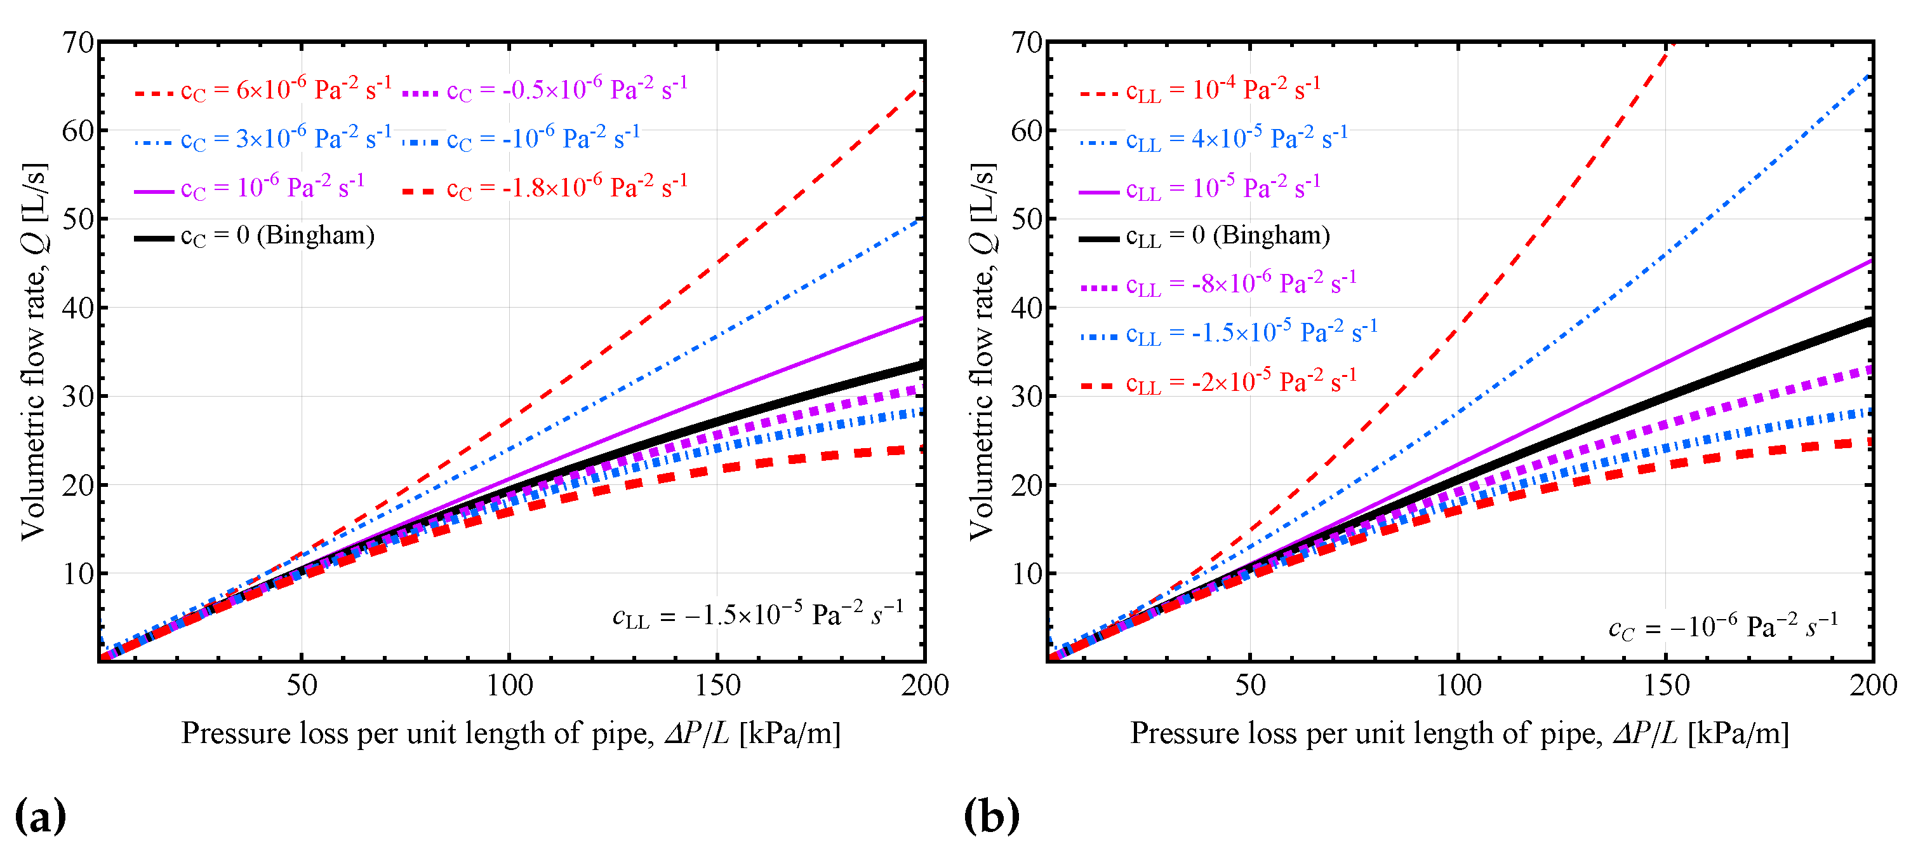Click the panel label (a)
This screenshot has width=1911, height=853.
[40, 816]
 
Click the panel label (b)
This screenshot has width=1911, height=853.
[991, 816]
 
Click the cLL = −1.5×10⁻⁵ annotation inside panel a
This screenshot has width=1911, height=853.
[757, 615]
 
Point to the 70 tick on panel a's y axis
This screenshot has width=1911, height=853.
[78, 43]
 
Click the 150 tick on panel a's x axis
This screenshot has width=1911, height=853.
[717, 685]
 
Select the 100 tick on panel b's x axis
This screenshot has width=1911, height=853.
[1458, 685]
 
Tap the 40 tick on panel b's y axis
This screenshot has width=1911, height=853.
[1027, 308]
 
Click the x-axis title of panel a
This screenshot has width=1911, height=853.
[511, 734]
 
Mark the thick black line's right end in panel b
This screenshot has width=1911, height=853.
[1870, 322]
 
